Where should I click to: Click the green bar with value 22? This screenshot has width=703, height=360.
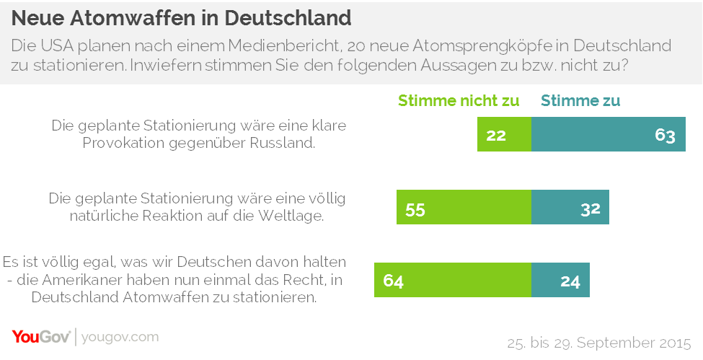tap(504, 134)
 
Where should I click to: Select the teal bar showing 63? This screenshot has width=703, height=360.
tap(608, 134)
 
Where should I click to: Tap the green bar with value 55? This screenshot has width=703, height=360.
tap(464, 207)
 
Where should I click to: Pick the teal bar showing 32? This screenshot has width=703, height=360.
tap(570, 207)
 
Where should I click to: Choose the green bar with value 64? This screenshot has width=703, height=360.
tap(452, 280)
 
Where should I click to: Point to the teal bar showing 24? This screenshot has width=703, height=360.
tap(560, 280)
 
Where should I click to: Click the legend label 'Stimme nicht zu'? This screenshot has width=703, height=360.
tap(459, 101)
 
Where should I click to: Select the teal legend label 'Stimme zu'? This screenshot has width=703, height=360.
tap(580, 101)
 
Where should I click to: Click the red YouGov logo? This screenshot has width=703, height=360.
tap(40, 337)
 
